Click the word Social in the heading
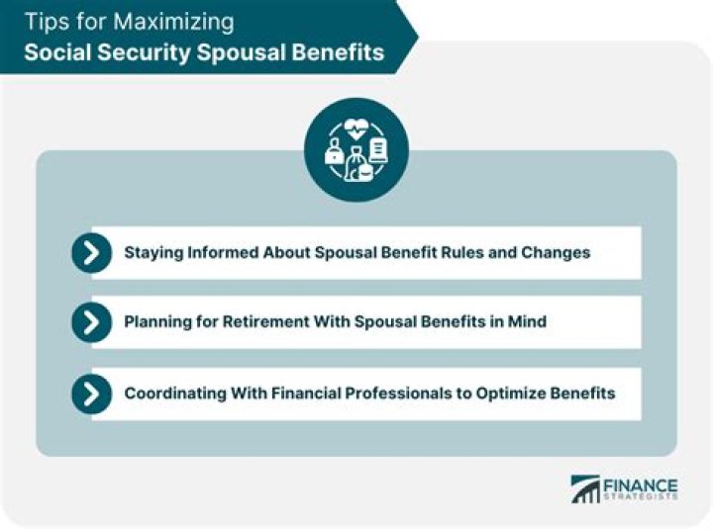[56, 51]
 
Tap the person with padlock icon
[335, 152]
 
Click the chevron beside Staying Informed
[91, 253]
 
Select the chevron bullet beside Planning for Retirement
[91, 321]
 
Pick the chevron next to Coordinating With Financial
[91, 394]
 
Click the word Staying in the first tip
[153, 252]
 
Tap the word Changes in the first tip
[557, 252]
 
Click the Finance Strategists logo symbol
[585, 489]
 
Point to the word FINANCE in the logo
[641, 485]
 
